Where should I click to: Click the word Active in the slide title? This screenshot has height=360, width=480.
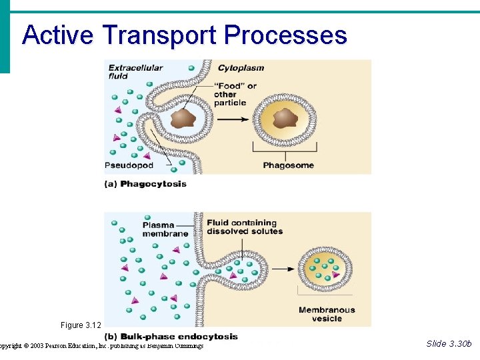click(x=57, y=35)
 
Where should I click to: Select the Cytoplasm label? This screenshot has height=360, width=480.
click(x=241, y=67)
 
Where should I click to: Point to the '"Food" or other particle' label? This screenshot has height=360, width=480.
click(x=235, y=94)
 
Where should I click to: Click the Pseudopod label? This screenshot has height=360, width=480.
click(x=129, y=165)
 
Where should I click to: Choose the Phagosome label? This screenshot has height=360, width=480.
click(x=287, y=165)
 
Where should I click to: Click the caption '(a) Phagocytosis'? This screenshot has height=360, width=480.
click(x=145, y=184)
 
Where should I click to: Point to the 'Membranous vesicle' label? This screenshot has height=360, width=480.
click(x=327, y=314)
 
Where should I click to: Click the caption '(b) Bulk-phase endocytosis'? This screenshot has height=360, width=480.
click(x=171, y=337)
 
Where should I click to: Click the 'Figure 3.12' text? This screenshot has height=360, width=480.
click(x=81, y=325)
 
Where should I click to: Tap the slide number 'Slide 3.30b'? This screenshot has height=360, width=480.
click(x=449, y=343)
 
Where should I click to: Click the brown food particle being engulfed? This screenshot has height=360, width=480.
click(x=183, y=119)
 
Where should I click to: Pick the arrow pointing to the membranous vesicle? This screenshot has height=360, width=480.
click(x=283, y=269)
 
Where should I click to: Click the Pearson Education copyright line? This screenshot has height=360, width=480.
click(x=101, y=345)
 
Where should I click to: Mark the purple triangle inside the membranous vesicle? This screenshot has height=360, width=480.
click(x=336, y=275)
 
